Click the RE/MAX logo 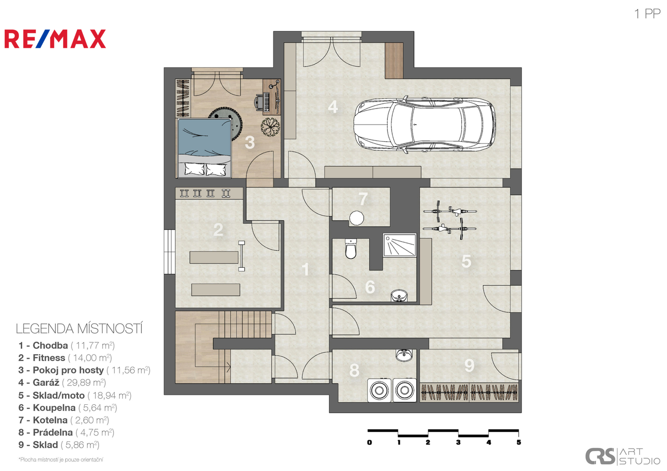point(55,39)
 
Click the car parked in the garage point(424,125)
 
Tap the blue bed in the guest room point(205,148)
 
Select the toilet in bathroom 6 point(351,249)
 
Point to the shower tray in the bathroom point(400,245)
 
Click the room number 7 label point(363,199)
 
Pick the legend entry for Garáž point(62,382)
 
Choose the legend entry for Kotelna point(64,420)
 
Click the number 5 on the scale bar point(519,442)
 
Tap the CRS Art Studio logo point(623,457)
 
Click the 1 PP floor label point(647,14)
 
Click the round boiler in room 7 point(356,218)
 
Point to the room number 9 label point(469,365)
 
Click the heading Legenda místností point(79,329)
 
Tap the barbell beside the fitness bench point(242,256)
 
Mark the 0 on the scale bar point(369,442)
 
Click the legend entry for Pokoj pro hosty point(85,370)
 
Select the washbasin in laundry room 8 point(404,355)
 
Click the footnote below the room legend point(61,460)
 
